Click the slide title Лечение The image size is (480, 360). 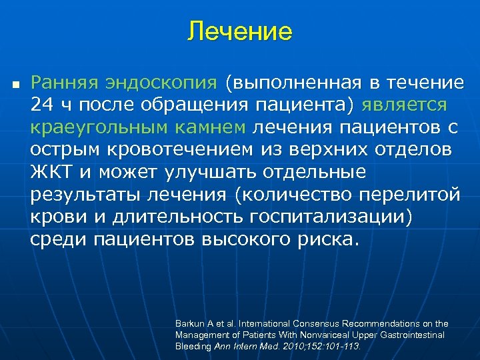pos(239,31)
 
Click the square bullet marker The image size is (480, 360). pos(15,86)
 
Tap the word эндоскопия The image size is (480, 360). pos(160,83)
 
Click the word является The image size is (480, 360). pos(405,105)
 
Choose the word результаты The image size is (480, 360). pos(87,194)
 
